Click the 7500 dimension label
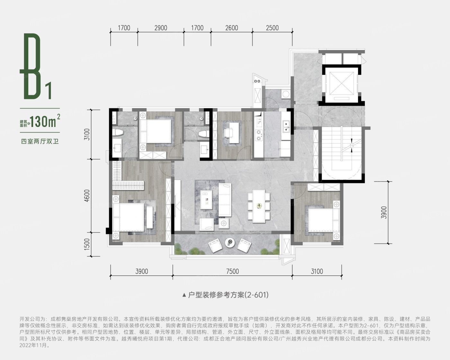point(232,271)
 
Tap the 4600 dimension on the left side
point(87,195)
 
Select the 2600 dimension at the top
point(232,28)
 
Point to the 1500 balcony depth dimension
point(87,244)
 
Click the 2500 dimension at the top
point(272,28)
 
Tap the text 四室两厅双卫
point(40,142)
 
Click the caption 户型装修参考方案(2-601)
point(228,295)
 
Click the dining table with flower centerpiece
point(259,206)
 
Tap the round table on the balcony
point(230,243)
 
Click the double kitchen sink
point(286,127)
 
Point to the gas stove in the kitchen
point(259,135)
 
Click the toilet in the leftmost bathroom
point(118,133)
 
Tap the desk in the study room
point(234,133)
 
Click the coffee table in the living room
point(206,200)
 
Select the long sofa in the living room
point(225,200)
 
